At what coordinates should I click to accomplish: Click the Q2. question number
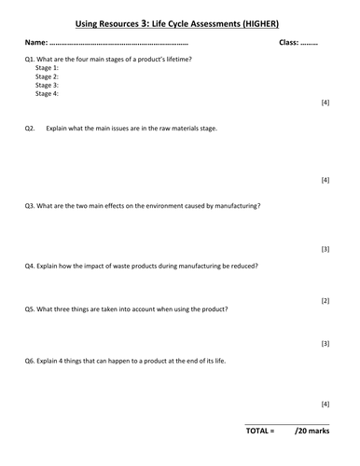(31, 129)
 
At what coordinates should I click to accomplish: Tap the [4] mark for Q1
(325, 102)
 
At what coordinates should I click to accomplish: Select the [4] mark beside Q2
(325, 179)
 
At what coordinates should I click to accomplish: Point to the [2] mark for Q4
(325, 301)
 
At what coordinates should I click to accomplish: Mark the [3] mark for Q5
(325, 344)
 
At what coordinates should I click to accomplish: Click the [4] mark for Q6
(325, 404)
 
